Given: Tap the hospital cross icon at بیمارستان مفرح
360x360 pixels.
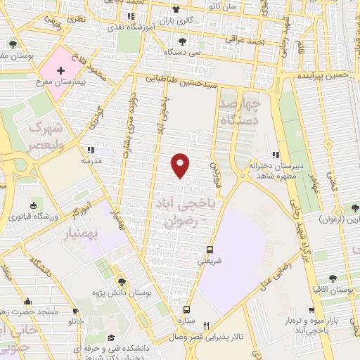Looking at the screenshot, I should click(x=61, y=70).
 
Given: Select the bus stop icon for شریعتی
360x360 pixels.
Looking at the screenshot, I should click(x=210, y=250).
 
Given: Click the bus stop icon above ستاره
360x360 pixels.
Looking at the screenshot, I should click(x=186, y=309).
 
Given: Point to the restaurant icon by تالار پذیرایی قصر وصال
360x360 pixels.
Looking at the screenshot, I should click(x=206, y=326).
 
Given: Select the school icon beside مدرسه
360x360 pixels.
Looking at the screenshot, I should click(x=91, y=150).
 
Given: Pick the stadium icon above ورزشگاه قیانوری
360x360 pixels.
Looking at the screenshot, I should click(x=32, y=205).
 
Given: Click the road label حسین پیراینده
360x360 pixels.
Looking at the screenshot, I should click(x=326, y=75).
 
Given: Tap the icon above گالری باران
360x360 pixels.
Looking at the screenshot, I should click(x=175, y=11).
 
